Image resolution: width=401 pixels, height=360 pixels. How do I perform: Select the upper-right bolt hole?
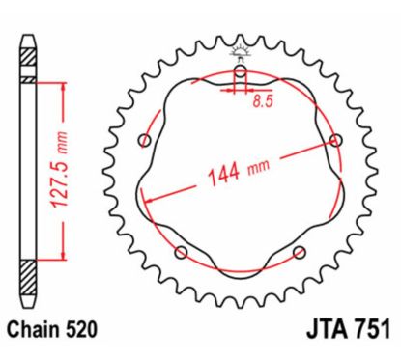point(335,141)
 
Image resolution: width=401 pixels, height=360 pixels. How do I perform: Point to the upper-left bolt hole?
point(145,142)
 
